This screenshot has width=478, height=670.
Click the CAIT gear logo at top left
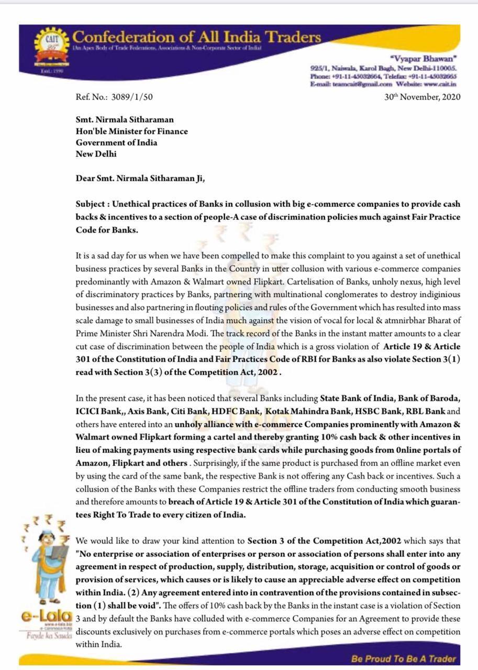[x=50, y=48]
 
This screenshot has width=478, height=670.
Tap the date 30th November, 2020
[x=422, y=97]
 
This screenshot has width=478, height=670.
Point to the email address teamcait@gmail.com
[x=360, y=84]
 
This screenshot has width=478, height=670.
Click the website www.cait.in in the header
[x=441, y=84]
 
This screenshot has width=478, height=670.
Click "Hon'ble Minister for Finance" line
[x=131, y=131]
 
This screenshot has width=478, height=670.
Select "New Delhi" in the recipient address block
[x=96, y=154]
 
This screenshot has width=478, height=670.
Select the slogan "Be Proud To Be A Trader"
[x=404, y=659]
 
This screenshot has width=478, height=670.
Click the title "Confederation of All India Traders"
[x=196, y=37]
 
